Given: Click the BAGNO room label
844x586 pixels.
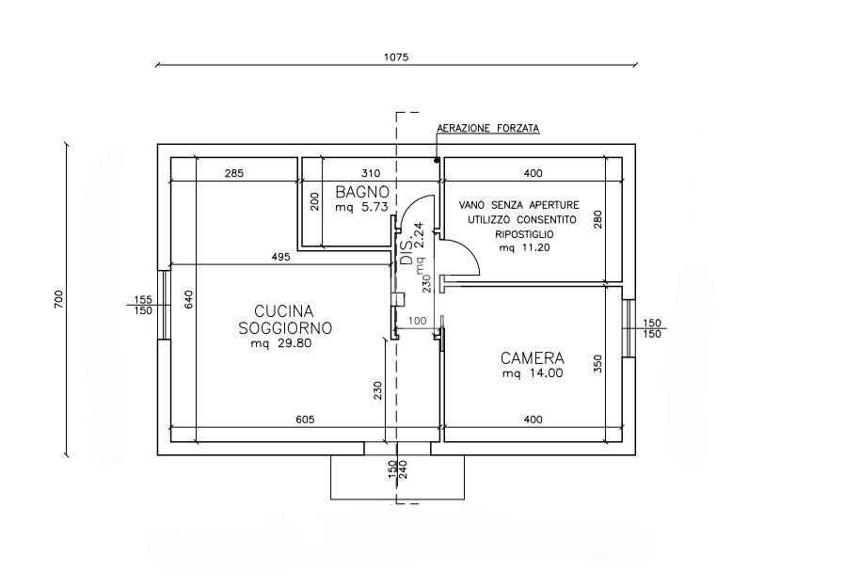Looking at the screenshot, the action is pyautogui.click(x=361, y=192).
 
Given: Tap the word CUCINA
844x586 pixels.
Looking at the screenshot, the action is pyautogui.click(x=283, y=311).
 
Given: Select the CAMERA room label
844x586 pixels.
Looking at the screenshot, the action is pyautogui.click(x=533, y=358).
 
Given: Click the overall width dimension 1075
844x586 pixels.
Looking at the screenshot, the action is pyautogui.click(x=396, y=56).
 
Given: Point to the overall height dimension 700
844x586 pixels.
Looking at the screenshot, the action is pyautogui.click(x=58, y=299).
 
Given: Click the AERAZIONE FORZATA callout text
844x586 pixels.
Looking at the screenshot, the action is pyautogui.click(x=487, y=129).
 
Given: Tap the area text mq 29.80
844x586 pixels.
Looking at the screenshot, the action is pyautogui.click(x=281, y=343).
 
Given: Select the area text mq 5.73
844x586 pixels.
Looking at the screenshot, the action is pyautogui.click(x=361, y=207).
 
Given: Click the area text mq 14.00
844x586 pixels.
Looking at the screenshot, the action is pyautogui.click(x=533, y=373).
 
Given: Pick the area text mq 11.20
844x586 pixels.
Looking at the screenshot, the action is pyautogui.click(x=524, y=248).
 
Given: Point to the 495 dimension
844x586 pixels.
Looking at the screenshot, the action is pyautogui.click(x=281, y=257).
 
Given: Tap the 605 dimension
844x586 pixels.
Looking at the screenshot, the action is pyautogui.click(x=305, y=420).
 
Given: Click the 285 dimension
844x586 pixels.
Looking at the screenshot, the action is pyautogui.click(x=234, y=173).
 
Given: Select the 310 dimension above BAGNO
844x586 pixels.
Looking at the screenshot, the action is pyautogui.click(x=371, y=173).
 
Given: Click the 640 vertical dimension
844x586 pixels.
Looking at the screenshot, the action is pyautogui.click(x=188, y=299).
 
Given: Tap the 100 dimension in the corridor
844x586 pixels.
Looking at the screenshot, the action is pyautogui.click(x=418, y=322).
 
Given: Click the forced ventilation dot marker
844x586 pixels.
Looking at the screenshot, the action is pyautogui.click(x=437, y=160).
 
